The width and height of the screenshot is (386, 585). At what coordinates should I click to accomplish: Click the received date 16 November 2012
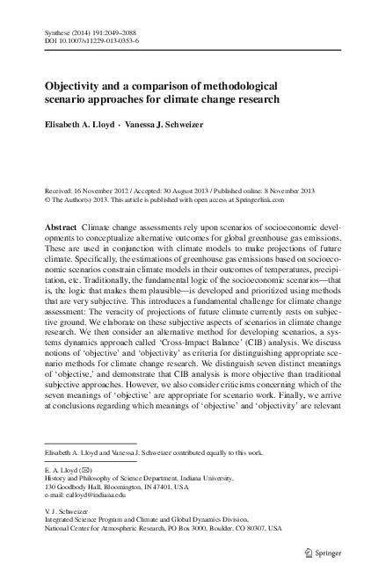point(102,191)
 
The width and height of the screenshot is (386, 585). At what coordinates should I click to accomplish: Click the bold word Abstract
point(60,227)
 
